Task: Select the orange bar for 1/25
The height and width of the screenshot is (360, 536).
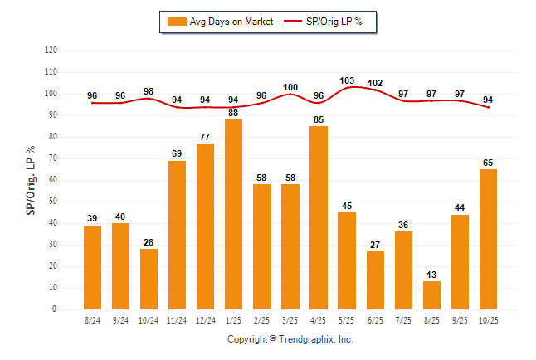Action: (234, 214)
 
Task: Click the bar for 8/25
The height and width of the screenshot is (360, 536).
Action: (431, 294)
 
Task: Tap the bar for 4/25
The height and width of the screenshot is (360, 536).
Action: (319, 217)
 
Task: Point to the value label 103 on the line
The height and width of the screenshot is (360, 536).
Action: (347, 80)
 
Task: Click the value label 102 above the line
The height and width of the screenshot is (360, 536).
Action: (375, 83)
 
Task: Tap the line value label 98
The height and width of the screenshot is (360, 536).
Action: (149, 91)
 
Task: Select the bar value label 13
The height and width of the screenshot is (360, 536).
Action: (431, 275)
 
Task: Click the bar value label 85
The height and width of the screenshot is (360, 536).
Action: (319, 119)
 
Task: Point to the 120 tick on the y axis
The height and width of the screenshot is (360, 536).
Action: (51, 51)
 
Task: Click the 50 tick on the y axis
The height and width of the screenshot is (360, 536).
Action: (54, 202)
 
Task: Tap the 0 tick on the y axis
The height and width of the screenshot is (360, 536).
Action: (56, 309)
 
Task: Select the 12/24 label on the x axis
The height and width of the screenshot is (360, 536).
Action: (205, 319)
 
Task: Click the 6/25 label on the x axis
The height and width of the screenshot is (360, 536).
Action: (375, 319)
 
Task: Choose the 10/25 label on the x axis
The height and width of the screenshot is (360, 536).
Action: (488, 319)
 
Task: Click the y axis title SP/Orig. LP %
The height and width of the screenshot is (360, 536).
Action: (31, 179)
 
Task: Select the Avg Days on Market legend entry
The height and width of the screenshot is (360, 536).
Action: (219, 22)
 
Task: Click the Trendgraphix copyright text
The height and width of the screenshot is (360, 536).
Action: (290, 339)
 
